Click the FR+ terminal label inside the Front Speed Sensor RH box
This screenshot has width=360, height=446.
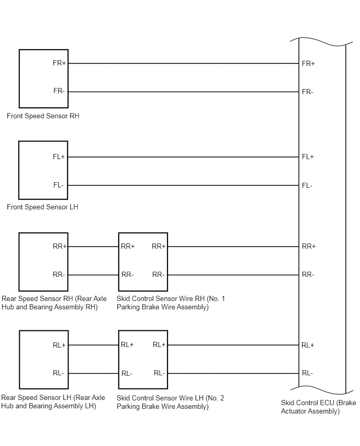[59, 63]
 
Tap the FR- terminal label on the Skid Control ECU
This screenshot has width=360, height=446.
[307, 92]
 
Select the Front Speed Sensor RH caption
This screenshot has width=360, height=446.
[43, 116]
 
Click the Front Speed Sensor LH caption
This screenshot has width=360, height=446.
[42, 207]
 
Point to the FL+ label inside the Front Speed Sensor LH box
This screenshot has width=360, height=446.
[59, 157]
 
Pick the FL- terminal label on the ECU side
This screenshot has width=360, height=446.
[307, 185]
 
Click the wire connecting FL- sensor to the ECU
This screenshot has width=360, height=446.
[184, 185]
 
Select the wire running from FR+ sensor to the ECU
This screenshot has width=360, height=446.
[184, 63]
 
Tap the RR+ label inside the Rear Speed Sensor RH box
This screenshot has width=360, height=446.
[60, 246]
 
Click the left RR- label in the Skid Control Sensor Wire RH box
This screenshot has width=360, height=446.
[127, 274]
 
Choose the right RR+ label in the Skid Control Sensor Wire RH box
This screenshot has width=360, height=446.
[159, 246]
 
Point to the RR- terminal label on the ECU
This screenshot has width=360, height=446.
[308, 274]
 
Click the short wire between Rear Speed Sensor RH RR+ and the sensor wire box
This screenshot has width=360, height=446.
[93, 247]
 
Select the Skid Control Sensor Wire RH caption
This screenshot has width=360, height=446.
[171, 303]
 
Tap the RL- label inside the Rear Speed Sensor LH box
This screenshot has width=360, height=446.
[58, 373]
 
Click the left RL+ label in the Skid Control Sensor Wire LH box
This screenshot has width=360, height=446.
[127, 344]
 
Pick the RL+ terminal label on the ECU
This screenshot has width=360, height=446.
[308, 345]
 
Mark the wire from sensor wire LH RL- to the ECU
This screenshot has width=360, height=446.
[233, 373]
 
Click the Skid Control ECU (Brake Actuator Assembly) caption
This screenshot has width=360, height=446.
[319, 407]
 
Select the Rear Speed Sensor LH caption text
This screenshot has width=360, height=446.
[53, 402]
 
